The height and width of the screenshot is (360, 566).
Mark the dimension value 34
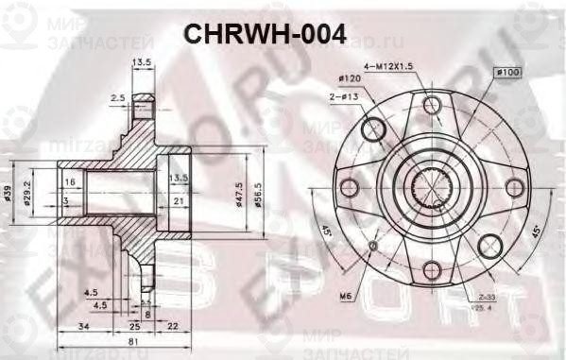83,326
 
